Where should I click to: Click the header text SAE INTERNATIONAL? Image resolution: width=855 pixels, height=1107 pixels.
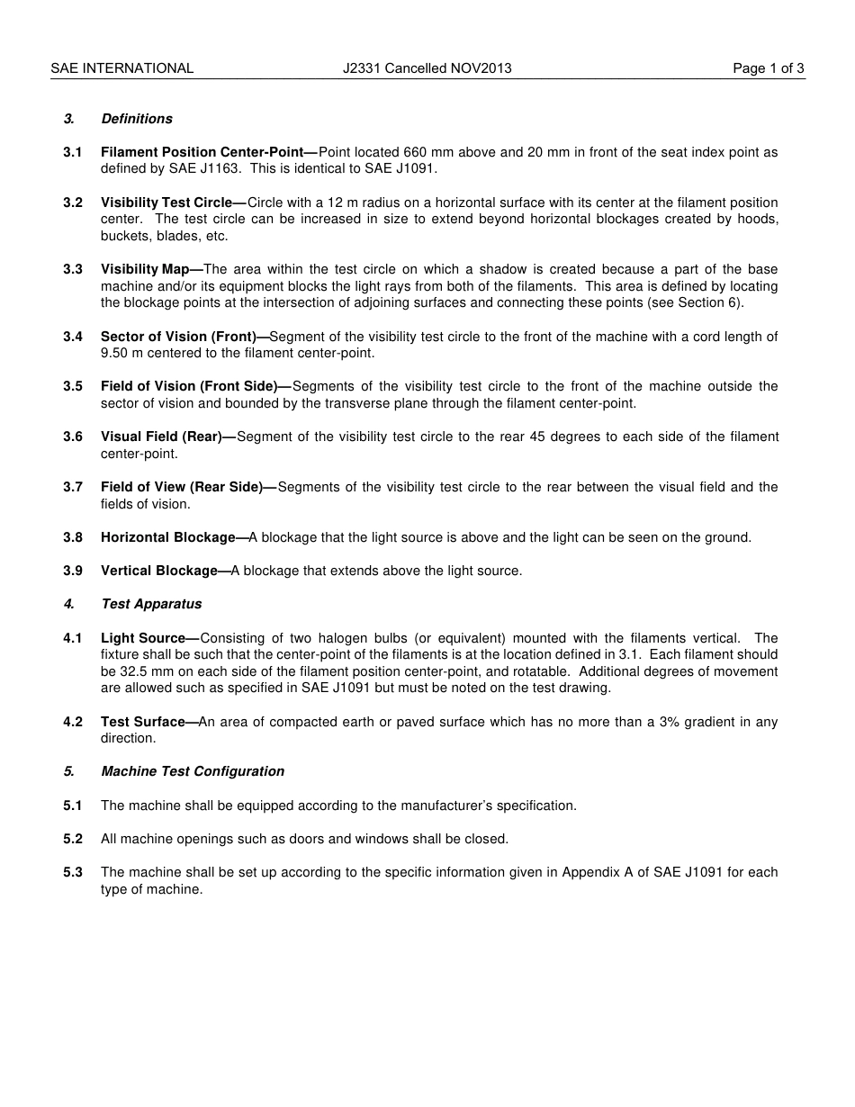click(x=122, y=68)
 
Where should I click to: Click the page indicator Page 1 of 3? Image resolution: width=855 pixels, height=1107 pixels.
click(x=768, y=68)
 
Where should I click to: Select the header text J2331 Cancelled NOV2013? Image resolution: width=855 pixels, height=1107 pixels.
click(x=427, y=68)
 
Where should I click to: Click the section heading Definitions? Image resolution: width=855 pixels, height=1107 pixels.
click(x=137, y=119)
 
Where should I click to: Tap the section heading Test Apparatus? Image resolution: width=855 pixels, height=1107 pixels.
click(x=151, y=604)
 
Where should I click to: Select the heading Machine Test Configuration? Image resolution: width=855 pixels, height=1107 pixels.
click(x=193, y=771)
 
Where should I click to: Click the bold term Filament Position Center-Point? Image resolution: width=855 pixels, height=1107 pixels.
click(x=202, y=152)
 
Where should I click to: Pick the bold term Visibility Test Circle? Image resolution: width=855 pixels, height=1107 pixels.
click(x=166, y=202)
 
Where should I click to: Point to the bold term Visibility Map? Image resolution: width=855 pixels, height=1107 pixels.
click(x=145, y=269)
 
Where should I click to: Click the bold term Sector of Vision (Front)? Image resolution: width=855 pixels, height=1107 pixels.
click(x=178, y=337)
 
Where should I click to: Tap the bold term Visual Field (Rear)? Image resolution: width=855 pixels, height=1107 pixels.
click(x=161, y=436)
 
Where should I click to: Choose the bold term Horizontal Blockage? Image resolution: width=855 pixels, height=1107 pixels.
click(x=167, y=537)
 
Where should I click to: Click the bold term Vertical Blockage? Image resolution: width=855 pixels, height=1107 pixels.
click(x=159, y=571)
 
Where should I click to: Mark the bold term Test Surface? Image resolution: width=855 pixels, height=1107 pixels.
click(x=142, y=722)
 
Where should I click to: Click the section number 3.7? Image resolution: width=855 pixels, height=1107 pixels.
click(x=73, y=487)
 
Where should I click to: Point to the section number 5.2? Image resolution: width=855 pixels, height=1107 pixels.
click(x=73, y=839)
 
